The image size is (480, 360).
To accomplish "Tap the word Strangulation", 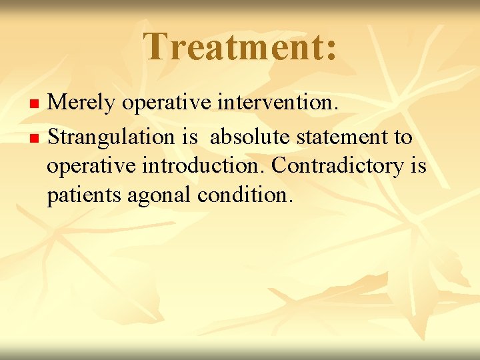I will coord(113,138).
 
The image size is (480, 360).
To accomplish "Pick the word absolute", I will coord(250,137).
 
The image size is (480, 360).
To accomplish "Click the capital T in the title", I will coord(157,47).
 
